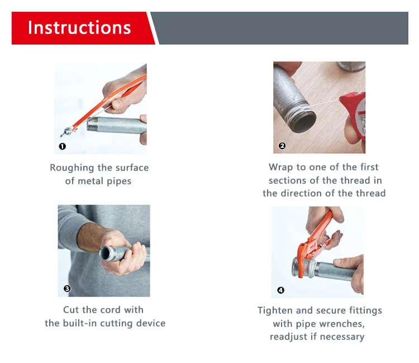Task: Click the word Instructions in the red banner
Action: point(79,27)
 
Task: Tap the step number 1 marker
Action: point(62,146)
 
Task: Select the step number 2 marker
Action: point(282,146)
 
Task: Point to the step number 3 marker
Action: point(67,288)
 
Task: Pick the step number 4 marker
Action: point(280,290)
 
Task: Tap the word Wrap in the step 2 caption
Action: point(280,167)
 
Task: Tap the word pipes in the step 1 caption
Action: point(119,181)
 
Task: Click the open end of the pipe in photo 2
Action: point(304,122)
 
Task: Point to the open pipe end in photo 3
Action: point(106,253)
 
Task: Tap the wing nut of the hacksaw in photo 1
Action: point(67,132)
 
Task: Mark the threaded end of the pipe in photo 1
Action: point(92,124)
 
